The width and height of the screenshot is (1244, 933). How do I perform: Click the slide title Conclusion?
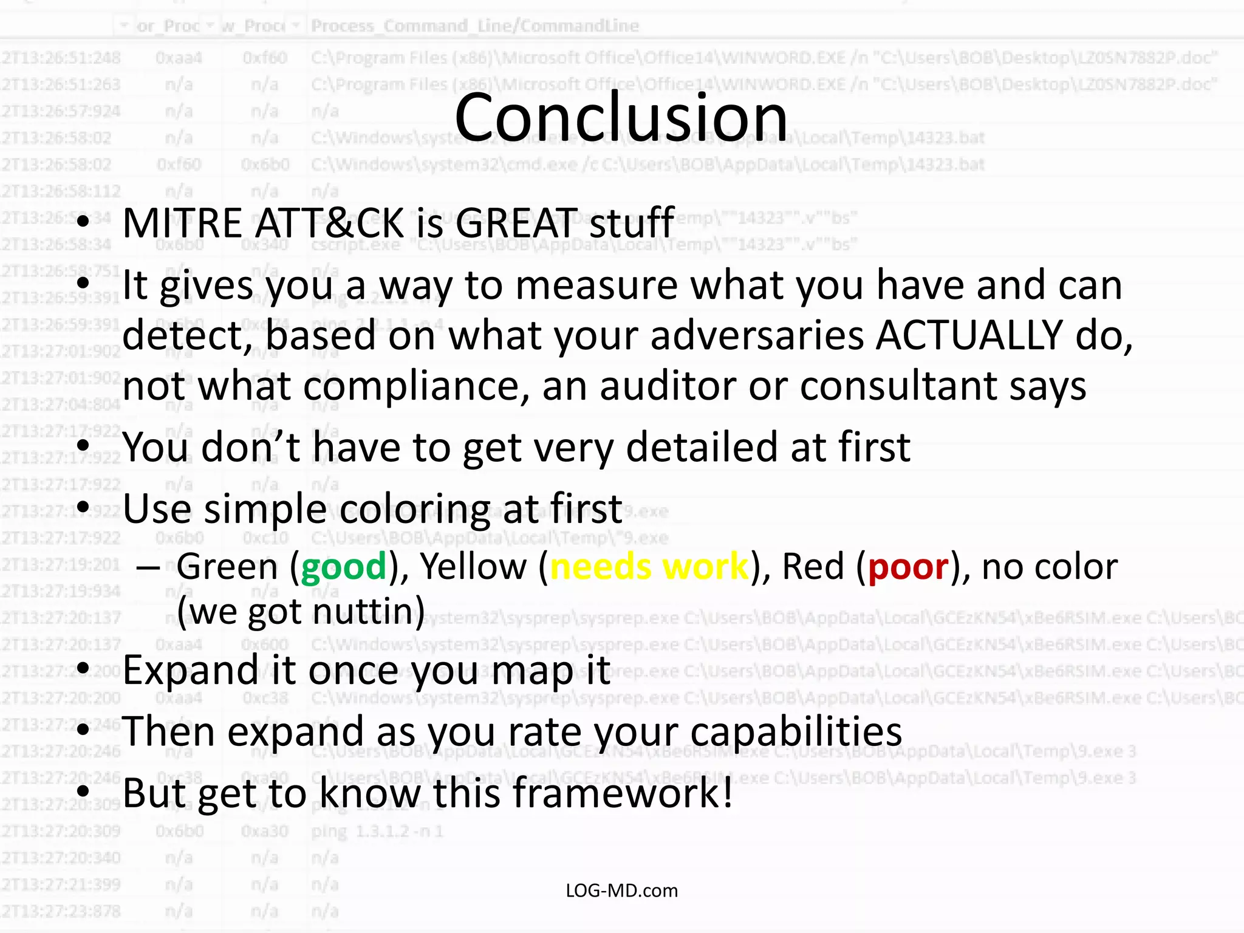621,117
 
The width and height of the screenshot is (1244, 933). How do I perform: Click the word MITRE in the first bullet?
183,223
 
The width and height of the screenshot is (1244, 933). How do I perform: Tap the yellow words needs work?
649,567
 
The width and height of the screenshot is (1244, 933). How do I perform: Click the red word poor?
907,567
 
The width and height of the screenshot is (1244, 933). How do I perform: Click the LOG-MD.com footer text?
621,890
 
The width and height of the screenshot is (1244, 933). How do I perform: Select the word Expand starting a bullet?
191,671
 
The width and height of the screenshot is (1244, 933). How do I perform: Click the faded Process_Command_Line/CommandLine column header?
474,26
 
